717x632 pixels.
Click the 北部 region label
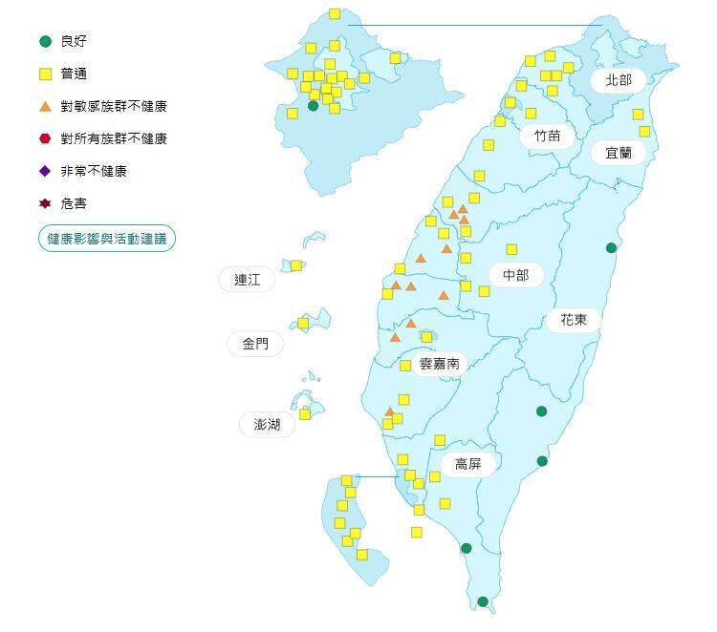tap(619, 80)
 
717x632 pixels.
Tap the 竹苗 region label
tap(548, 136)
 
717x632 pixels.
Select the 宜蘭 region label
tap(619, 153)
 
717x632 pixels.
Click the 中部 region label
tap(515, 276)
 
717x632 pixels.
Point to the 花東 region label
tap(574, 320)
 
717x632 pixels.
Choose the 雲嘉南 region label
tap(440, 364)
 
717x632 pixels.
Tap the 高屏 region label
tap(467, 465)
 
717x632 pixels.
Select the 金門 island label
tap(255, 344)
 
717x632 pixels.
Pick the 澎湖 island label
tap(268, 425)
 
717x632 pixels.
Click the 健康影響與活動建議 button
tap(107, 238)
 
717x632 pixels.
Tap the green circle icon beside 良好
tap(45, 41)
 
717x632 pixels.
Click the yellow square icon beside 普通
tap(45, 74)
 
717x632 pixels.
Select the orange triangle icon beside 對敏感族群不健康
tap(45, 106)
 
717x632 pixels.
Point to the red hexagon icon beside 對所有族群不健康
tap(45, 138)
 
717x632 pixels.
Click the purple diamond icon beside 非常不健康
tap(45, 171)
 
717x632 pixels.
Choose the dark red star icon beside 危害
tap(45, 203)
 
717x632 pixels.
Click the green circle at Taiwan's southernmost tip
tap(483, 601)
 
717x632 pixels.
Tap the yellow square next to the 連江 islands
tap(296, 265)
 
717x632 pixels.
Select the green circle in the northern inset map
tap(313, 105)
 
